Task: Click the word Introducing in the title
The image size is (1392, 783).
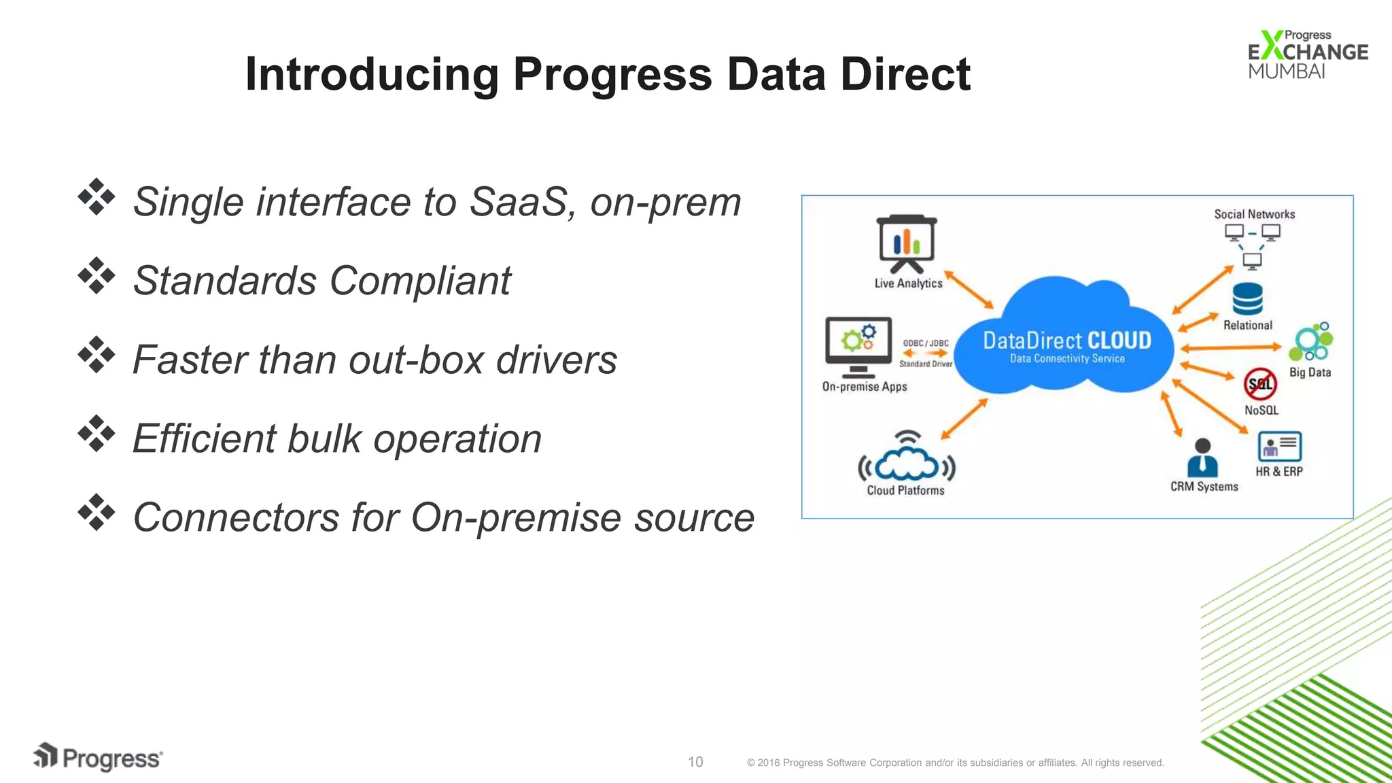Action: [371, 74]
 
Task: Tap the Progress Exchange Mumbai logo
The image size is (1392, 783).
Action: [1306, 54]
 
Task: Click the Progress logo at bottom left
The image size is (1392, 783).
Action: [98, 757]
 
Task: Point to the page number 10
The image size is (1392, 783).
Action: [695, 762]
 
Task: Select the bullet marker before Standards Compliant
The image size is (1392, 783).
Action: [97, 276]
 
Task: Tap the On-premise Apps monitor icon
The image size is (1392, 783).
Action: [858, 346]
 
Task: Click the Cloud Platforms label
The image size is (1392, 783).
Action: [905, 490]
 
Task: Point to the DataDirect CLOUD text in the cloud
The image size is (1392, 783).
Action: [1066, 341]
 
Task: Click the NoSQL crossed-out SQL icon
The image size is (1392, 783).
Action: [1260, 384]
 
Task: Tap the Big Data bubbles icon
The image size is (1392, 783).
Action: [1311, 343]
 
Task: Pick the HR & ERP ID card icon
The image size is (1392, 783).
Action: [1279, 447]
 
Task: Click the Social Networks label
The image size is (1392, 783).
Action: [1254, 214]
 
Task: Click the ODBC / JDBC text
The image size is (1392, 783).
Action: [925, 343]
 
